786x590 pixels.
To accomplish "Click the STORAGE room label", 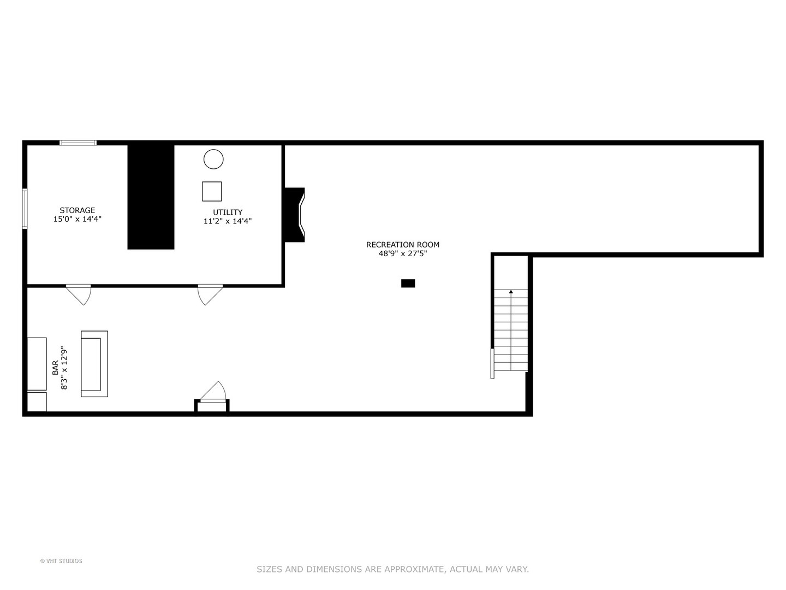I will (x=77, y=210).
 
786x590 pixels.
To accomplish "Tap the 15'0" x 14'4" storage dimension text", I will (x=77, y=219).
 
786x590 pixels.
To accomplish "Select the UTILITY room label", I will (x=228, y=213).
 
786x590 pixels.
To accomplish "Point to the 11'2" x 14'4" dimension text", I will (x=228, y=221).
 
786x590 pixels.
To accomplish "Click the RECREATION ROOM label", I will (x=403, y=245).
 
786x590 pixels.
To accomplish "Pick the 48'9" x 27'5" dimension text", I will (x=403, y=253).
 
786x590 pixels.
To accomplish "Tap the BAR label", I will (x=56, y=368).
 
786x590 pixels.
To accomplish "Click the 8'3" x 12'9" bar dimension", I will (x=64, y=368).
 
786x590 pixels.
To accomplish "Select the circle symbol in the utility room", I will (x=213, y=159).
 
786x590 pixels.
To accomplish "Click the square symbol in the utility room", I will (x=212, y=191).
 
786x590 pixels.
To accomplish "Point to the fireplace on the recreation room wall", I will (x=295, y=215).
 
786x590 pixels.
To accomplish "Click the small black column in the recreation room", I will (x=408, y=283).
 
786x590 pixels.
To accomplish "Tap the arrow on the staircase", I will (x=511, y=292).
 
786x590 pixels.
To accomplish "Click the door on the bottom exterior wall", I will (x=213, y=393).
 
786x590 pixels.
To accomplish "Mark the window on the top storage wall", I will (x=78, y=143).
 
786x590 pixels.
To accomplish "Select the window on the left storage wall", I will (x=25, y=208).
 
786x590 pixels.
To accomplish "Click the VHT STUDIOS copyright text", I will (x=61, y=561).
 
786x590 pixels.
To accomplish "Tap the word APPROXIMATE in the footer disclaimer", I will (x=415, y=569).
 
